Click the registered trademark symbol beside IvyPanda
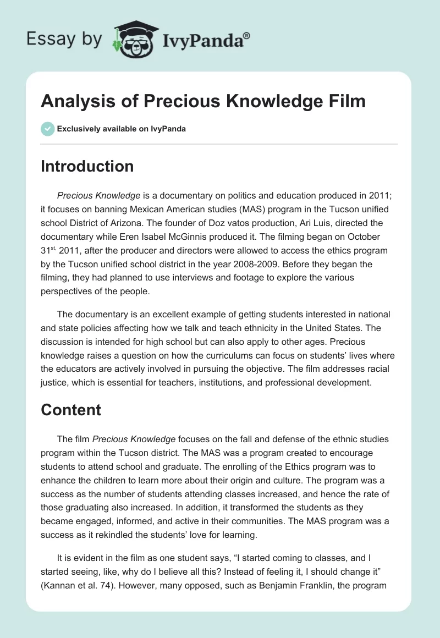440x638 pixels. tap(247, 35)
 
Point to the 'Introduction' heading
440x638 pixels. tap(87, 166)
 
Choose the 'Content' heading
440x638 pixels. tap(71, 410)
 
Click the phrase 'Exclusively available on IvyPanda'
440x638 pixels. tap(122, 129)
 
